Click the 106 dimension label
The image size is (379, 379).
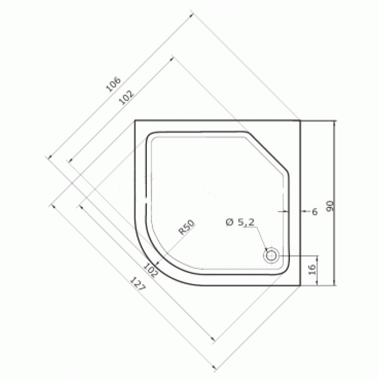113,84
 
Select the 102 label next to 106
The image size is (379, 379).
126,98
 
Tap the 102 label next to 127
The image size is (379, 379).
150,270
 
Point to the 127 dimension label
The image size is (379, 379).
138,283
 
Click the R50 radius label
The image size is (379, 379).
186,227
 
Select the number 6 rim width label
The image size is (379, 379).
315,212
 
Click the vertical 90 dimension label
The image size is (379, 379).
330,206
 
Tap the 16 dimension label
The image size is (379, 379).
312,269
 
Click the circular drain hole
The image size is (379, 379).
271,255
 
